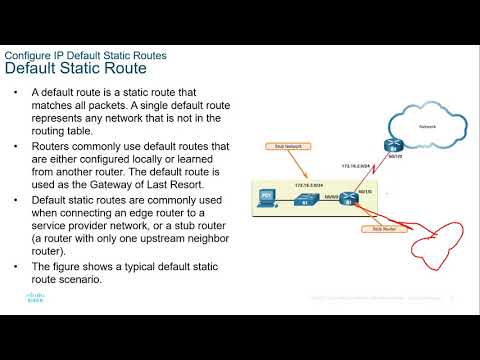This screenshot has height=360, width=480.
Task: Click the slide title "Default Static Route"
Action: (x=76, y=69)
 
